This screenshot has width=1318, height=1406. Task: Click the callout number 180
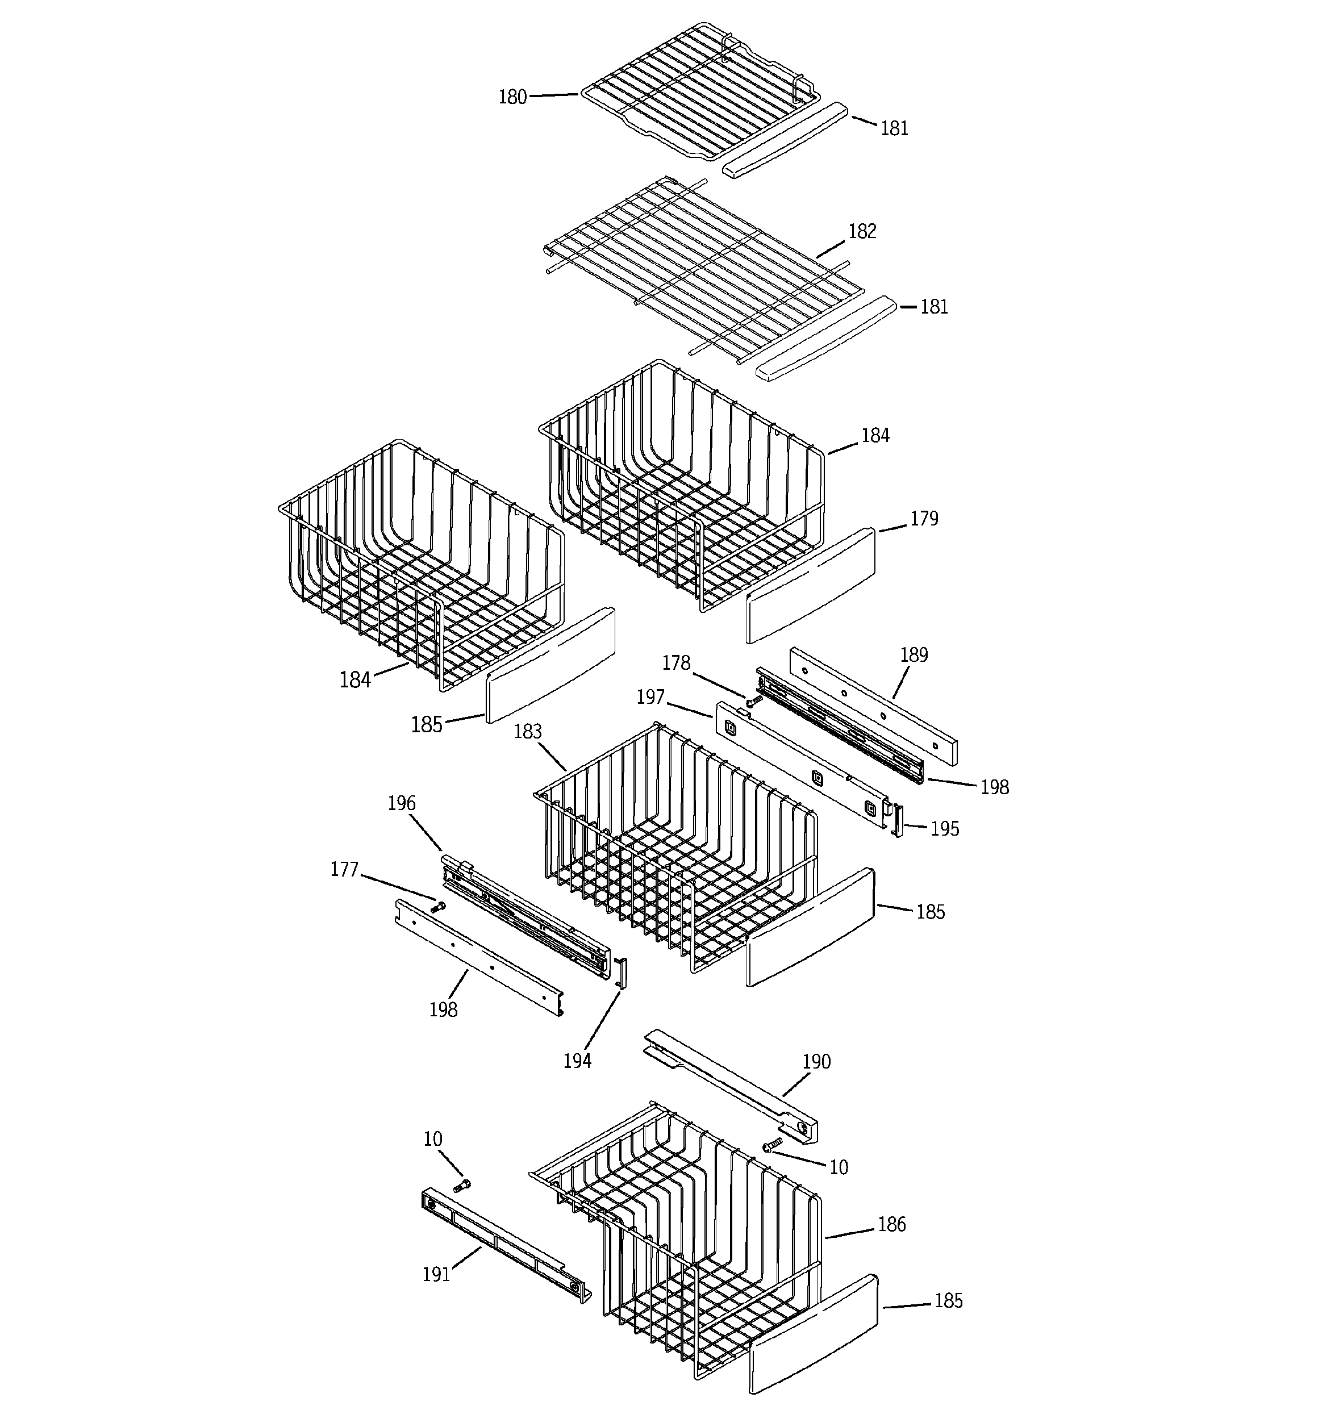[x=512, y=97]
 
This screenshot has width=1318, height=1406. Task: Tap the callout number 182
[x=862, y=231]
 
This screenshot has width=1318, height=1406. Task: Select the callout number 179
[x=923, y=519]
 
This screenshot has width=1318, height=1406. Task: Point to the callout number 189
[x=914, y=654]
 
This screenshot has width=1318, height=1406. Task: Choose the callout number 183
[x=527, y=731]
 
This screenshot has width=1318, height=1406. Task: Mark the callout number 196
[x=401, y=803]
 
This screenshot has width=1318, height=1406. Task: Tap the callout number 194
[x=577, y=1061]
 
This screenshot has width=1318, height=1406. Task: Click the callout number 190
[x=816, y=1062]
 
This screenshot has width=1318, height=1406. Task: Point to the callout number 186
[x=891, y=1224]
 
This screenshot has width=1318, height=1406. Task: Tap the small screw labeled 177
[x=438, y=906]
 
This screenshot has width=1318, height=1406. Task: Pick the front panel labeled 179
[x=810, y=586]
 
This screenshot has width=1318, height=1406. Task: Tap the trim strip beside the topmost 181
[x=784, y=141]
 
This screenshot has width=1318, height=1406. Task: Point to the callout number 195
[x=944, y=829]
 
